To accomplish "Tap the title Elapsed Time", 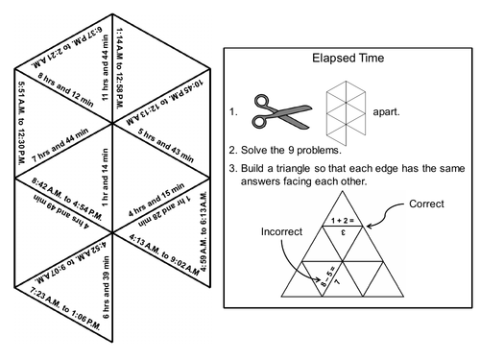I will (348, 57).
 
